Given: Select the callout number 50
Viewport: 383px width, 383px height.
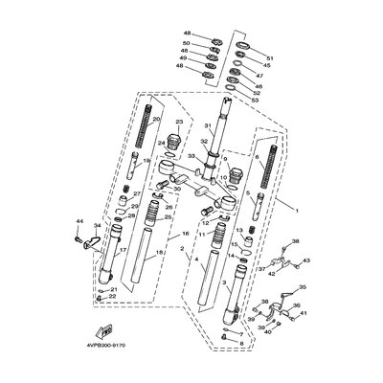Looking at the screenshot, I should tap(187, 44).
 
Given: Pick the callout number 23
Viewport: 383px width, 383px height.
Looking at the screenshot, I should tap(178, 123).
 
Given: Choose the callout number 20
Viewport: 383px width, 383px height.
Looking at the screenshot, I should tap(157, 120).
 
